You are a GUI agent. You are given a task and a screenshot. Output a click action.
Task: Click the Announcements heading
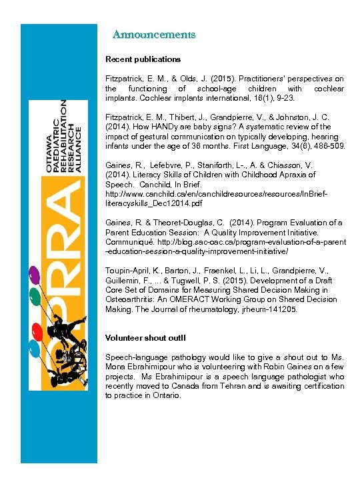154,34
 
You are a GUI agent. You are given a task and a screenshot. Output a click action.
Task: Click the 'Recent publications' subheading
143,59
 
